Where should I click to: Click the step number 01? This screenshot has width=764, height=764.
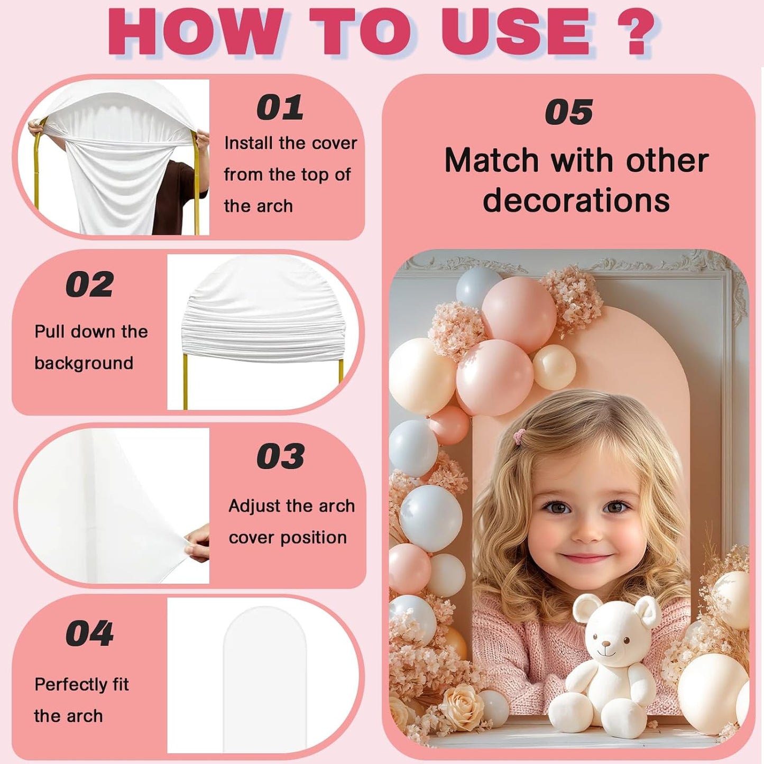[x=280, y=107]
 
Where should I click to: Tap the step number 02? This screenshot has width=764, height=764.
[x=89, y=284]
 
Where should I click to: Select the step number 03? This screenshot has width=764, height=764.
[x=281, y=456]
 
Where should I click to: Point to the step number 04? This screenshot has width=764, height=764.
[x=89, y=633]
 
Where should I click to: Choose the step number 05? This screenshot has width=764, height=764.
[x=569, y=112]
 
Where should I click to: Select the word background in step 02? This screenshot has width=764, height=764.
[x=84, y=364]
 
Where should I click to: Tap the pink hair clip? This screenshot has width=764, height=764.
[x=520, y=436]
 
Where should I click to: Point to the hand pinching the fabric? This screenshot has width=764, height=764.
[x=197, y=542]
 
